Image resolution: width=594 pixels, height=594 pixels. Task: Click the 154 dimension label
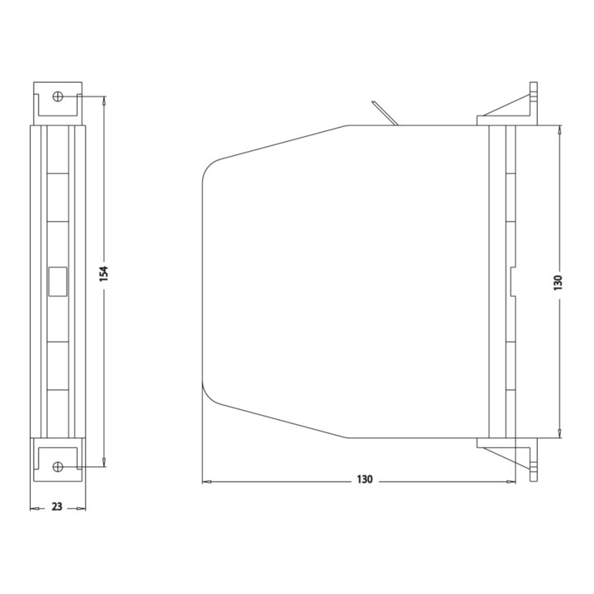(104, 274)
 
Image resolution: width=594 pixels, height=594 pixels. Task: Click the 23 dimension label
(57, 507)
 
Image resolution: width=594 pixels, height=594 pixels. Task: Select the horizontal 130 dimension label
(365, 479)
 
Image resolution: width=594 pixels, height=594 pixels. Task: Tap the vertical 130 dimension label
(559, 283)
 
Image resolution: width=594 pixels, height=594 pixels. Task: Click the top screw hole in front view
(58, 97)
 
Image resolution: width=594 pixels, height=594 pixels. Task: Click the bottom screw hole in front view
(58, 466)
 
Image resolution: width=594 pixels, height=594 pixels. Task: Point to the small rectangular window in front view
(58, 281)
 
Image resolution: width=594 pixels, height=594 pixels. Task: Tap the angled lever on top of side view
(384, 113)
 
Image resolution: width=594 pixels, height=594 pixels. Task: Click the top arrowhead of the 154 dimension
(104, 100)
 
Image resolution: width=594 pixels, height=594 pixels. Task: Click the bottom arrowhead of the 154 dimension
(104, 462)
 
